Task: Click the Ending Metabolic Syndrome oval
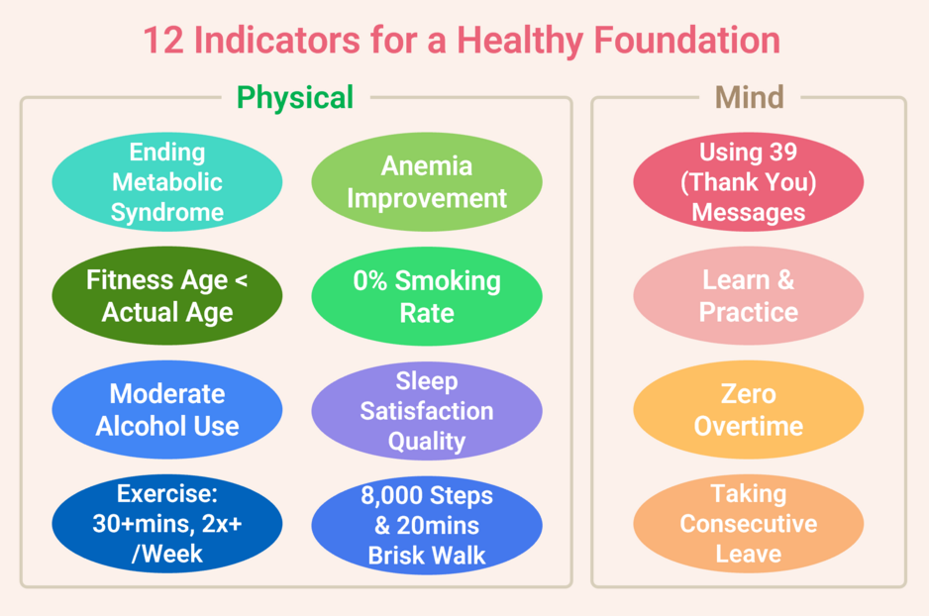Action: click(166, 183)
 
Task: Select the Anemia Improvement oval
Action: click(427, 183)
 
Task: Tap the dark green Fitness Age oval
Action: click(166, 296)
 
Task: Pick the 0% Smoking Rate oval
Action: click(427, 296)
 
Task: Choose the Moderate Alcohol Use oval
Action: click(166, 410)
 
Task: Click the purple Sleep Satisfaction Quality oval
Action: click(427, 410)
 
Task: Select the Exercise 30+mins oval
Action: click(166, 524)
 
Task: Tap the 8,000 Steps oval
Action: click(427, 524)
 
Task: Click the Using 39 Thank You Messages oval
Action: click(748, 183)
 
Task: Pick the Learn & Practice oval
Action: click(748, 296)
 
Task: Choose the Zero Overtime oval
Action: click(748, 410)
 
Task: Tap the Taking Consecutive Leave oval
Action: click(748, 524)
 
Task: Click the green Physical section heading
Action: click(294, 98)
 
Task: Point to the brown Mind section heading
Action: click(749, 98)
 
